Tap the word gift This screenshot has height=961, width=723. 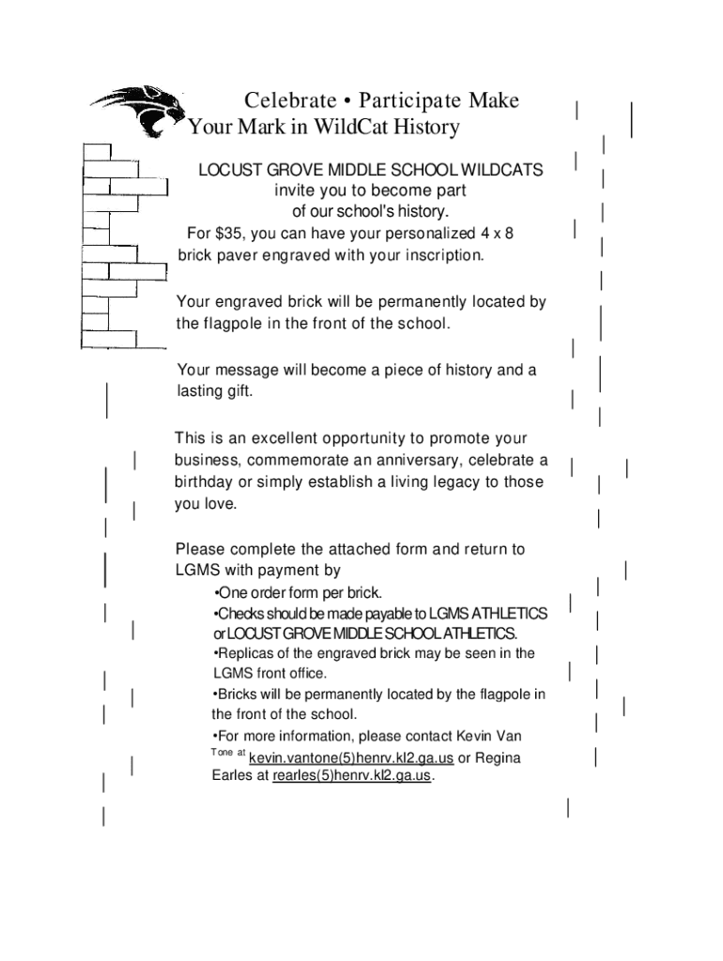(235, 391)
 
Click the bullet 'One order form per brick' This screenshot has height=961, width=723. (299, 593)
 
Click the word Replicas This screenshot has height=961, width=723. (246, 653)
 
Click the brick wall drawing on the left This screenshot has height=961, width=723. (117, 246)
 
